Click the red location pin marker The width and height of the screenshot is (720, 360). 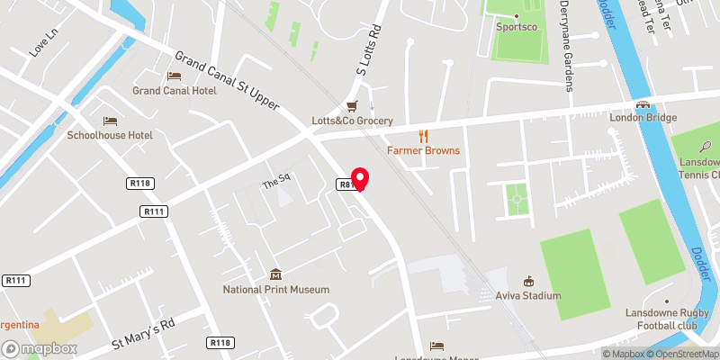click(x=360, y=179)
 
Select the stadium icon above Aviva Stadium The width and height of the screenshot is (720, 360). click(x=528, y=280)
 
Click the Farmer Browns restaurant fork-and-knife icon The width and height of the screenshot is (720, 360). click(x=423, y=136)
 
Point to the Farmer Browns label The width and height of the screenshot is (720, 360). click(x=423, y=150)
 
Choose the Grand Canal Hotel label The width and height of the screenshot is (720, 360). click(x=175, y=91)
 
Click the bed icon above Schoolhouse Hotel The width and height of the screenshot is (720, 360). click(x=110, y=121)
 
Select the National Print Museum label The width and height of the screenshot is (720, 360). click(x=276, y=290)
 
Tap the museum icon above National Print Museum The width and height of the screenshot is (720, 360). click(x=276, y=274)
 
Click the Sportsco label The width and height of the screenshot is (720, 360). click(x=518, y=26)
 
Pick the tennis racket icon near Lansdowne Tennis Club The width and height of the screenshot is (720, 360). click(x=706, y=146)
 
